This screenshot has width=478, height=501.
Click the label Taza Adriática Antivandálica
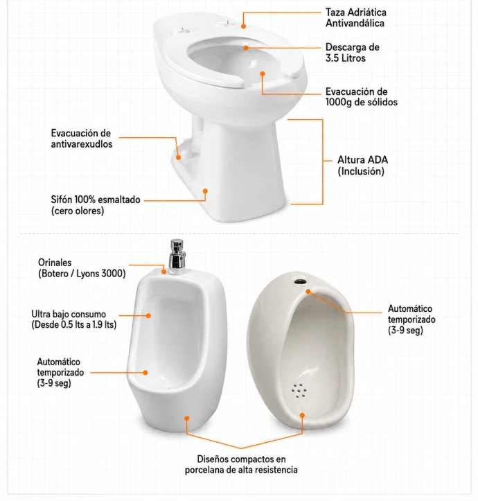355,17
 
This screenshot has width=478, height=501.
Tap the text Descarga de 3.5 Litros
352,53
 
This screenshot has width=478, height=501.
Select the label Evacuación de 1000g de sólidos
362,97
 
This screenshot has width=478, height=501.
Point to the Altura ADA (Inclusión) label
362,166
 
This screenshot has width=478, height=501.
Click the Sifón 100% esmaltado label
96,205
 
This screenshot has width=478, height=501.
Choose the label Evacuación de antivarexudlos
82,139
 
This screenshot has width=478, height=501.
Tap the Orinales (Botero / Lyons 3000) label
82,267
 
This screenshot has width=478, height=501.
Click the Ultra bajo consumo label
74,319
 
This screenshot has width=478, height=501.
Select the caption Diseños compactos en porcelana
241,464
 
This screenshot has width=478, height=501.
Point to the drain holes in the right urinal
299,391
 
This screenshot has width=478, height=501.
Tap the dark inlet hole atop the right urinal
300,281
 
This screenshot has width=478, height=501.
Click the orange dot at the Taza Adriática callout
243,26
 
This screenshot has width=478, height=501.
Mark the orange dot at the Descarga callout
246,48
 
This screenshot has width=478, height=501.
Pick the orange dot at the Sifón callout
205,191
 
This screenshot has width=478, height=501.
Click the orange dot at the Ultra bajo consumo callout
148,315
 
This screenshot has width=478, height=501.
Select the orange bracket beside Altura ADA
322,161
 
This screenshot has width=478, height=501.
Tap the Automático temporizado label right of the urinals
411,319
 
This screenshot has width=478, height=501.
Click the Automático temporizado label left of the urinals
60,373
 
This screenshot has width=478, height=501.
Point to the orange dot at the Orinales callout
163,272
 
